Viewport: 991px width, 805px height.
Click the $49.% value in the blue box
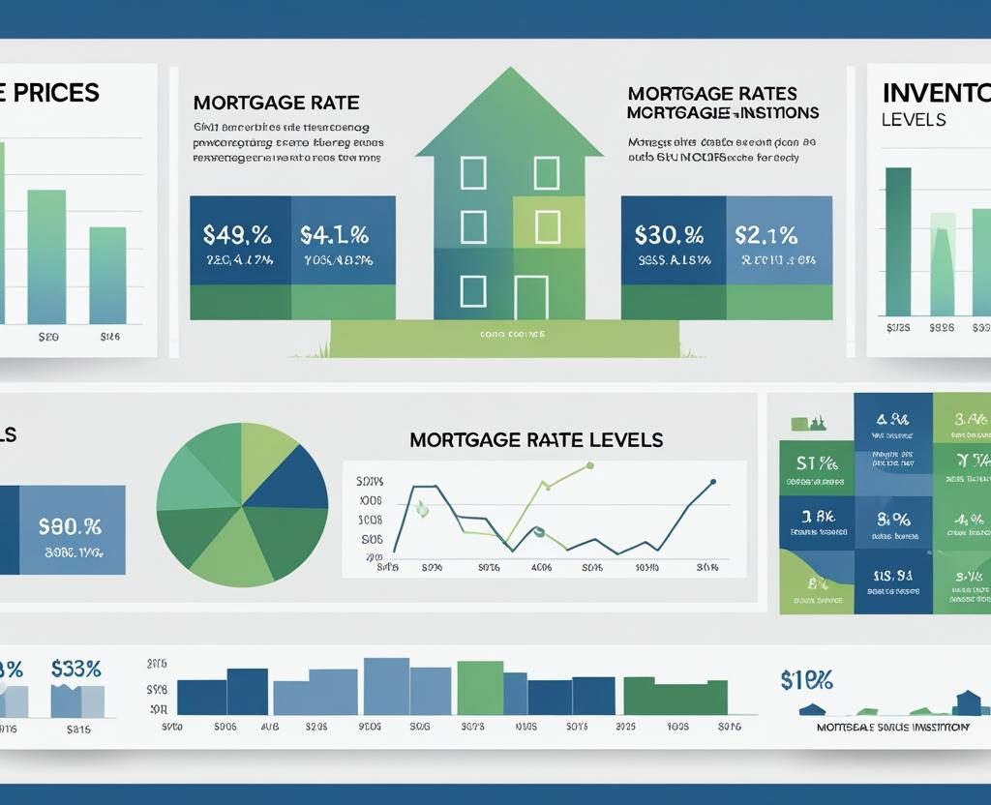click(237, 234)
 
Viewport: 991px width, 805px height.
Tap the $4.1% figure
click(334, 234)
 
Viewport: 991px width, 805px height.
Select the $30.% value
click(669, 234)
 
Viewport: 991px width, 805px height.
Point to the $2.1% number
click(766, 234)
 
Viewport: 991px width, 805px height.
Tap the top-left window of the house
click(472, 173)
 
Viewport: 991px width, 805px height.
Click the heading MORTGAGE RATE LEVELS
click(536, 440)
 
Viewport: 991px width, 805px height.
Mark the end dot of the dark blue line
click(713, 481)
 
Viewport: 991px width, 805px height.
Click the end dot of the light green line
click(589, 465)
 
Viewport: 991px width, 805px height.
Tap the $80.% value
click(70, 527)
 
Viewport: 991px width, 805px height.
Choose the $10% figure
click(806, 679)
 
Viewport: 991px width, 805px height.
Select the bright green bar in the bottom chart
click(479, 687)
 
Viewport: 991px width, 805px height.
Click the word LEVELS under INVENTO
click(914, 121)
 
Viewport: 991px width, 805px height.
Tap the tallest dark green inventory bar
click(898, 241)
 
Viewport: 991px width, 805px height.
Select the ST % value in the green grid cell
click(816, 462)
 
